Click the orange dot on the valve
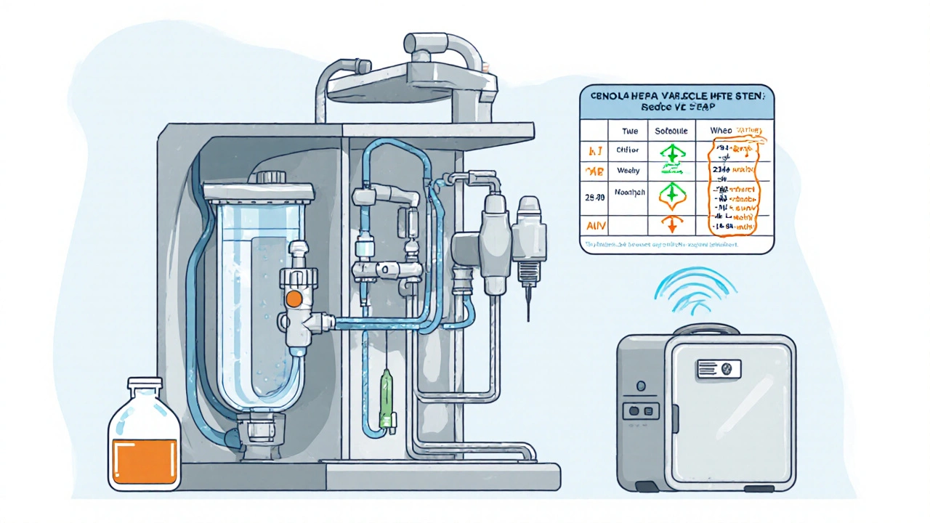tap(294, 299)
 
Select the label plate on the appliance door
tap(719, 369)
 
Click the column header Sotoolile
tap(671, 131)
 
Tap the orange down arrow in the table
tap(671, 225)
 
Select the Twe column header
tap(629, 131)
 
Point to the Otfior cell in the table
tap(628, 150)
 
